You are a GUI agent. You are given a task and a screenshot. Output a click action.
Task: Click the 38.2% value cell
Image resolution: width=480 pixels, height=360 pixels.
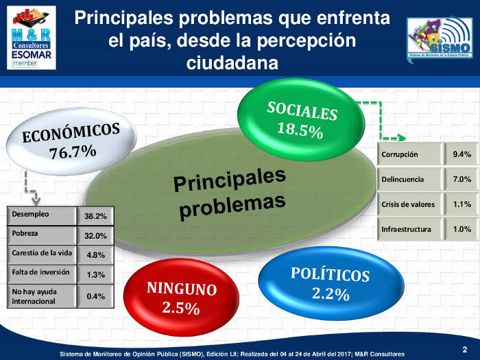[95, 216]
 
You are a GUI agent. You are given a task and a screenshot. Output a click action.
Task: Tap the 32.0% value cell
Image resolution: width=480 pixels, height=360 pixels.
[95, 235]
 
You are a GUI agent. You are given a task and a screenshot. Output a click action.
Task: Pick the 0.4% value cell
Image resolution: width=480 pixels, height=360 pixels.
[95, 296]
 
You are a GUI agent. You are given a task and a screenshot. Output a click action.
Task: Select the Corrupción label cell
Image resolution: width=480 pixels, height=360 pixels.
[409, 155]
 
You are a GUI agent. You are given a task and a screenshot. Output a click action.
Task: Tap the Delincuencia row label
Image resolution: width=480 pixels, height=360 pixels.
[409, 180]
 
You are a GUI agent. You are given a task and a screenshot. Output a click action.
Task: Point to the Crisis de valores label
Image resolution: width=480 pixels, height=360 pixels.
[409, 204]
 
